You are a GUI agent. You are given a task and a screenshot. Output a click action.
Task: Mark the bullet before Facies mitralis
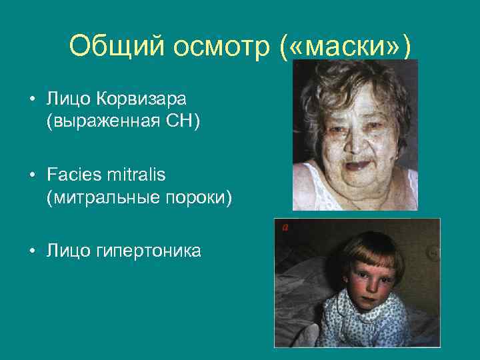click(x=31, y=175)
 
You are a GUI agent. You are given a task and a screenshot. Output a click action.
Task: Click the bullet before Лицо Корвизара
click(x=31, y=100)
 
